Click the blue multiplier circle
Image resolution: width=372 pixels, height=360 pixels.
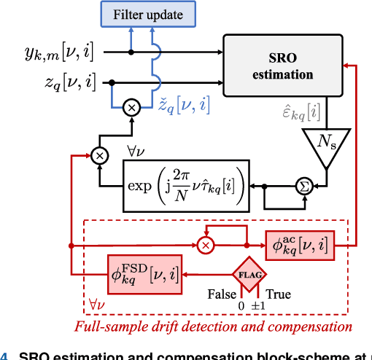(x=131, y=109)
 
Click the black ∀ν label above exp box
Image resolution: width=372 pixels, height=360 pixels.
(x=136, y=151)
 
